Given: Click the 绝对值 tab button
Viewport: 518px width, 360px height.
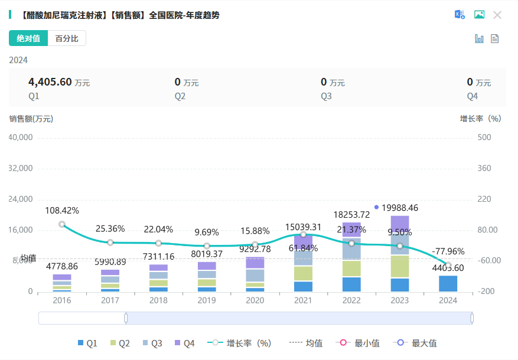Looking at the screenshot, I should [28, 38].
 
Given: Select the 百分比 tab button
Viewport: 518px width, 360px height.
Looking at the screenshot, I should [67, 38].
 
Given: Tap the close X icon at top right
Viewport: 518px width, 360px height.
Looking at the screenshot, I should [497, 15].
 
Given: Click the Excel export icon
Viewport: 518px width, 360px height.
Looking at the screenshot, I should [459, 15].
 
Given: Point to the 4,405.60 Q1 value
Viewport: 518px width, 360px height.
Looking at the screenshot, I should [50, 82].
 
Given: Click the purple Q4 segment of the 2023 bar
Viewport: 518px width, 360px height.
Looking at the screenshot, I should [400, 225].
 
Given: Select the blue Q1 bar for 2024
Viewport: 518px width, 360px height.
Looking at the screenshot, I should [448, 283].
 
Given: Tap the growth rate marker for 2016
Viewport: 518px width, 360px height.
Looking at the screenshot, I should [62, 224].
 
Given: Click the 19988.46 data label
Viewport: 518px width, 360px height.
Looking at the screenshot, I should [408, 208].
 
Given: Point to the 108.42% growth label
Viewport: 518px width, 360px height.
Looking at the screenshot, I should [62, 210].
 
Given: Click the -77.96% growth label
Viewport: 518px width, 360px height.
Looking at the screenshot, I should [448, 251].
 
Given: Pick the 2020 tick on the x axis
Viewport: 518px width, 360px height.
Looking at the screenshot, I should [255, 300].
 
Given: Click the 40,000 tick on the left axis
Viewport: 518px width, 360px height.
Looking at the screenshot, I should [21, 138].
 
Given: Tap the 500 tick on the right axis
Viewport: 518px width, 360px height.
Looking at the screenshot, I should [484, 138].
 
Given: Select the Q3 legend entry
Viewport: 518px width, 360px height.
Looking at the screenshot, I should [153, 343].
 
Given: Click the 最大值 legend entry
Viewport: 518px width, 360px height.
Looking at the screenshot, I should [418, 343].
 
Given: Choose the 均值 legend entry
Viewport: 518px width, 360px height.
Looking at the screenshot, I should [307, 343].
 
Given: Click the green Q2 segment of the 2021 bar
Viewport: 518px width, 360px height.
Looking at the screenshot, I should [303, 273].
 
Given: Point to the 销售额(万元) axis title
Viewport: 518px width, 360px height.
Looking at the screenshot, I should [31, 118].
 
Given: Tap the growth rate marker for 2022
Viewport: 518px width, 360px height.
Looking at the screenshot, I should [351, 243].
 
